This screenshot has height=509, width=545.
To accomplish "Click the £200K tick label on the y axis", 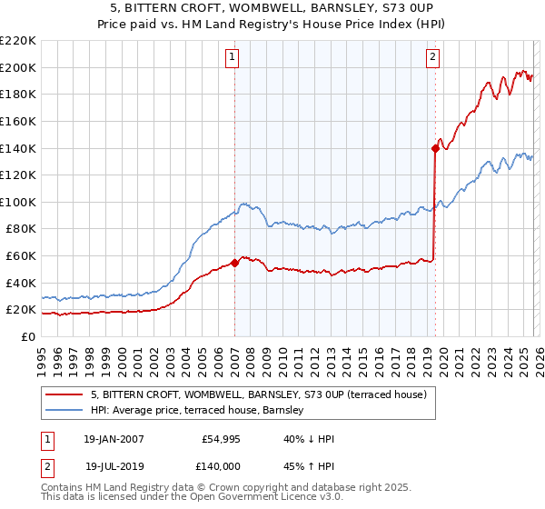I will click(x=18, y=67).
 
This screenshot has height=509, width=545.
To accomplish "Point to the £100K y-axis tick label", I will click(x=18, y=202).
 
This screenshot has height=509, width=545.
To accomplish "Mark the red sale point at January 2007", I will click(x=234, y=263).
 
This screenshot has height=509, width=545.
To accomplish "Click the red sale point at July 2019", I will click(x=435, y=149).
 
